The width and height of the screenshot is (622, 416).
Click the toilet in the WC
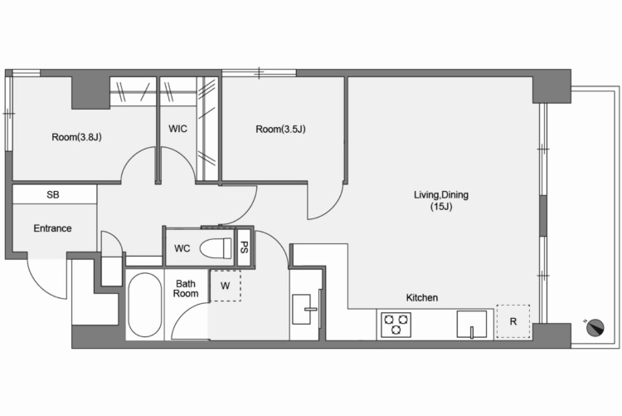point(216,248)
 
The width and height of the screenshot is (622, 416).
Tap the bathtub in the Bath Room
point(145,305)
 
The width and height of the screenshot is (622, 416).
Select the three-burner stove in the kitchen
point(396,325)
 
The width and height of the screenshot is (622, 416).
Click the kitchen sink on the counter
point(472,324)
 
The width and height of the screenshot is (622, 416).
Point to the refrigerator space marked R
point(513,321)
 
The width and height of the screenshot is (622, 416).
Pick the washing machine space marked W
point(226,286)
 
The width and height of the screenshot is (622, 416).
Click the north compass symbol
point(595,327)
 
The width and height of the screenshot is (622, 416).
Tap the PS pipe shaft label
point(245,247)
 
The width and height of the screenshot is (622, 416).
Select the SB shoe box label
point(53,194)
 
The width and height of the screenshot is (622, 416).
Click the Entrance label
point(52,228)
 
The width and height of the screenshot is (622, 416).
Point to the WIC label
point(177,129)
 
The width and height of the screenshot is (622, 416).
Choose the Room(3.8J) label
point(76,137)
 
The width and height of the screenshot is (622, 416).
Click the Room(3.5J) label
point(280,130)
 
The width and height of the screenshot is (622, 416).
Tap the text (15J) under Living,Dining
point(441,207)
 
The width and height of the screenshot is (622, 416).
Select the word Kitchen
point(421,297)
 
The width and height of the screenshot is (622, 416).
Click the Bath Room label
point(186,289)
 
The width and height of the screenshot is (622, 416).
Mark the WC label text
point(182,248)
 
